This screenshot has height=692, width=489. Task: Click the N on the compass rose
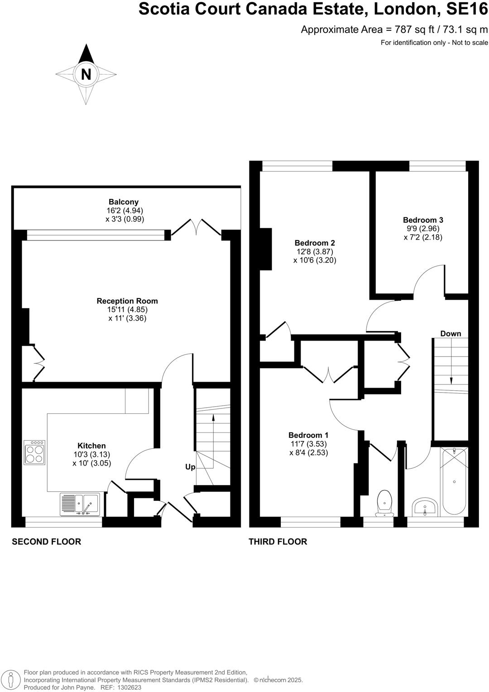click(x=86, y=74)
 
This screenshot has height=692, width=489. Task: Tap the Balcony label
click(x=123, y=202)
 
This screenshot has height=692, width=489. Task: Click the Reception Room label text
click(x=127, y=301)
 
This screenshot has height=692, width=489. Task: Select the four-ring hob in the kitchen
click(x=35, y=452)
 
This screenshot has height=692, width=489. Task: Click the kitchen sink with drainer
click(x=80, y=505)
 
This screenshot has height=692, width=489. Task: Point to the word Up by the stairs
click(x=190, y=467)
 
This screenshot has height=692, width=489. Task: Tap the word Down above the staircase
click(x=451, y=334)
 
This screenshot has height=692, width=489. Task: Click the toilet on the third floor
click(x=384, y=502)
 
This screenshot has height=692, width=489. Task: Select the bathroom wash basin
click(x=425, y=507)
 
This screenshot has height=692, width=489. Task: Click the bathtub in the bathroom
click(x=454, y=481)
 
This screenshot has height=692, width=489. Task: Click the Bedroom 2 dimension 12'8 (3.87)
click(x=315, y=251)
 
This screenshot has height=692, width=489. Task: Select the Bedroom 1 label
click(x=308, y=435)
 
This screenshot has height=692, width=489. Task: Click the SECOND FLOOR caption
click(x=46, y=542)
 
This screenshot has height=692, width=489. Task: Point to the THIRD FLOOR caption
click(x=278, y=542)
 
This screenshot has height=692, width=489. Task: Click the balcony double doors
click(x=196, y=227)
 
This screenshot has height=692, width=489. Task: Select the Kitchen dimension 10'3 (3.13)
click(x=91, y=455)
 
